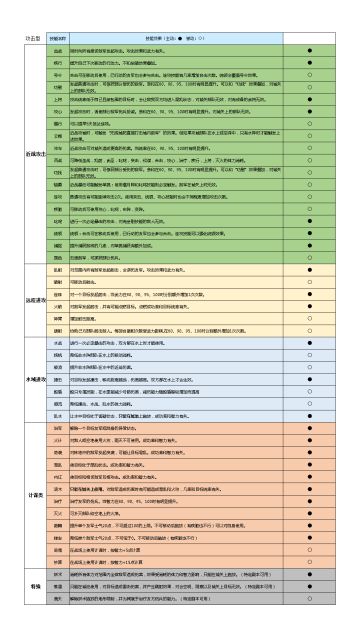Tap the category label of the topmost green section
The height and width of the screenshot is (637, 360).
pos(34,153)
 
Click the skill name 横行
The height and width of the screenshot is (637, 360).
pos(57,63)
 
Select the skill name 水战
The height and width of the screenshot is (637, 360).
pos(57,342)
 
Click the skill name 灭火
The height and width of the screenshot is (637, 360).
pos(57,513)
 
